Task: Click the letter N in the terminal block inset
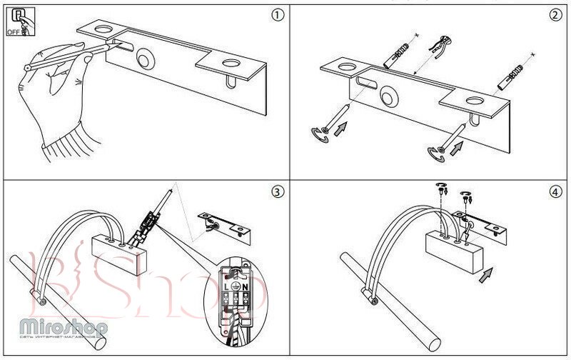(245, 286)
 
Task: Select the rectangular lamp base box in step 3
(119, 256)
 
